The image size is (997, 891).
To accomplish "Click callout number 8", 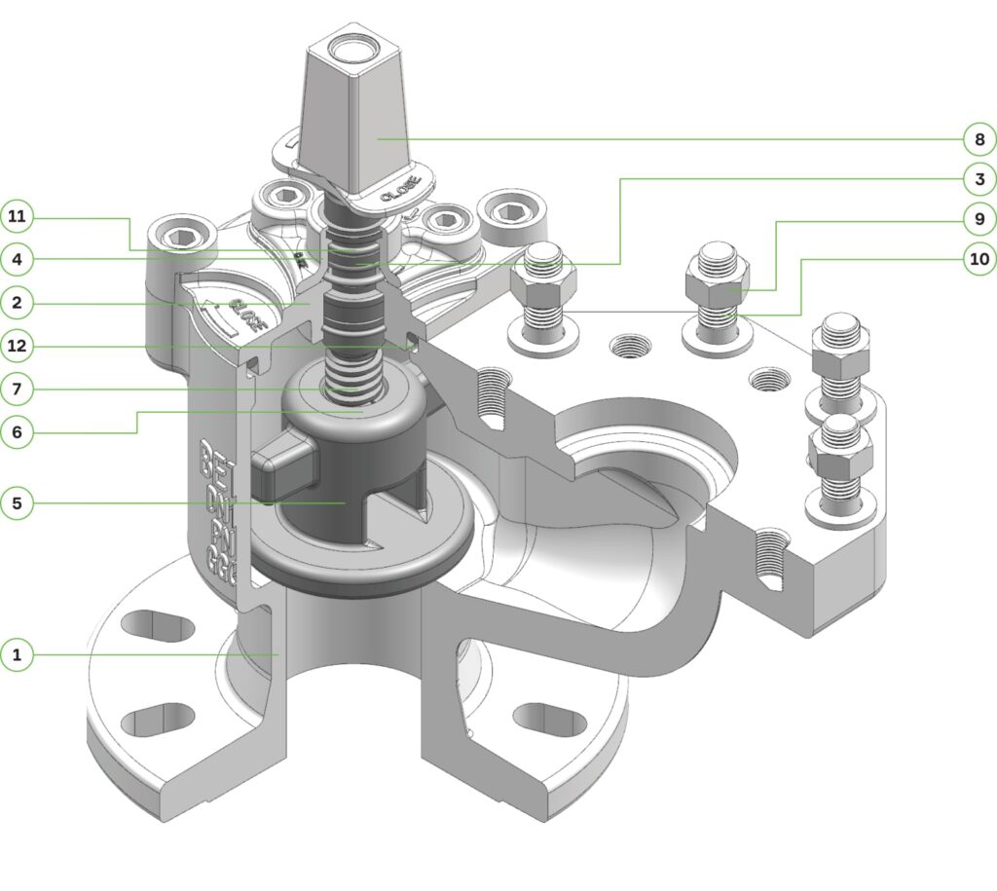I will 979,139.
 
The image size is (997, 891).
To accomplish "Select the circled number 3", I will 979,179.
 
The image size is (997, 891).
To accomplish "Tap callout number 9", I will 979,219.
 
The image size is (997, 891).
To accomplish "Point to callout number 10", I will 979,259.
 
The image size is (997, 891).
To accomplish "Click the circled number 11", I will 18,216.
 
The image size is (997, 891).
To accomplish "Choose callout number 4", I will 18,260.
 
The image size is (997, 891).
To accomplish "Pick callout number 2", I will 18,303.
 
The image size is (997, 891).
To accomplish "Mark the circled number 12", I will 18,346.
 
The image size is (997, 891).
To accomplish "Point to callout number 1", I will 18,654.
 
